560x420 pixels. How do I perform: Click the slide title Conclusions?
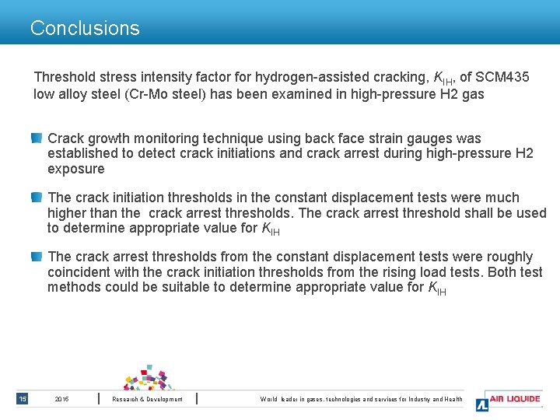pos(85,29)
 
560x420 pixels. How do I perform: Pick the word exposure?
pos(75,169)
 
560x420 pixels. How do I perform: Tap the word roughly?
pos(509,257)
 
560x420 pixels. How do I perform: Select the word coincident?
pos(82,272)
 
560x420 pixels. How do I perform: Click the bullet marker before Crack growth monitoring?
pos(37,138)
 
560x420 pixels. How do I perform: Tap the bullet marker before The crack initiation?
pos(37,197)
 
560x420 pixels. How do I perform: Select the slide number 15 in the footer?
pos(23,399)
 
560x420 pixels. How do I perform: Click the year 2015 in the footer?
pos(62,399)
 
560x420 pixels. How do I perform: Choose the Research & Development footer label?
pos(147,399)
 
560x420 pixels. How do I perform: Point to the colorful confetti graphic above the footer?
pos(149,377)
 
